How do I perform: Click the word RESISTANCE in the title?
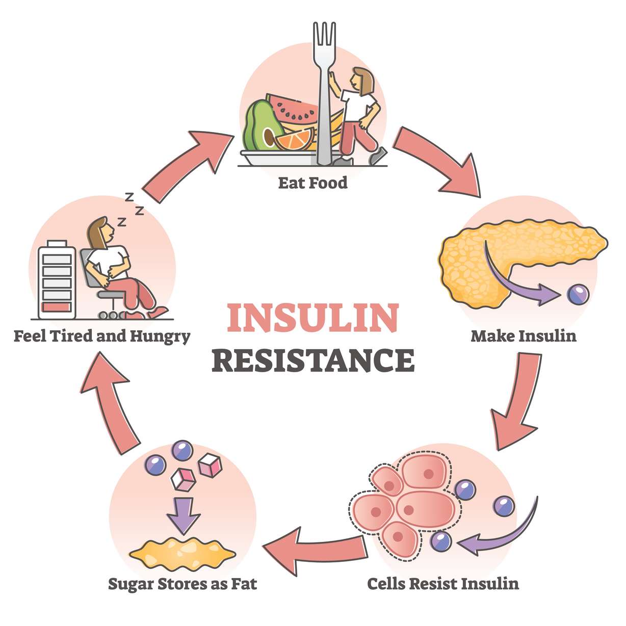312,359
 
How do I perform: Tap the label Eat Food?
312,183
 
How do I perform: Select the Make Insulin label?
524,336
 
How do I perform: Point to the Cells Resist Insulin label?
443,583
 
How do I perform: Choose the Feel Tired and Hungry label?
101,336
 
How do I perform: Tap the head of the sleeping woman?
102,232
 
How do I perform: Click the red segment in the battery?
57,308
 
